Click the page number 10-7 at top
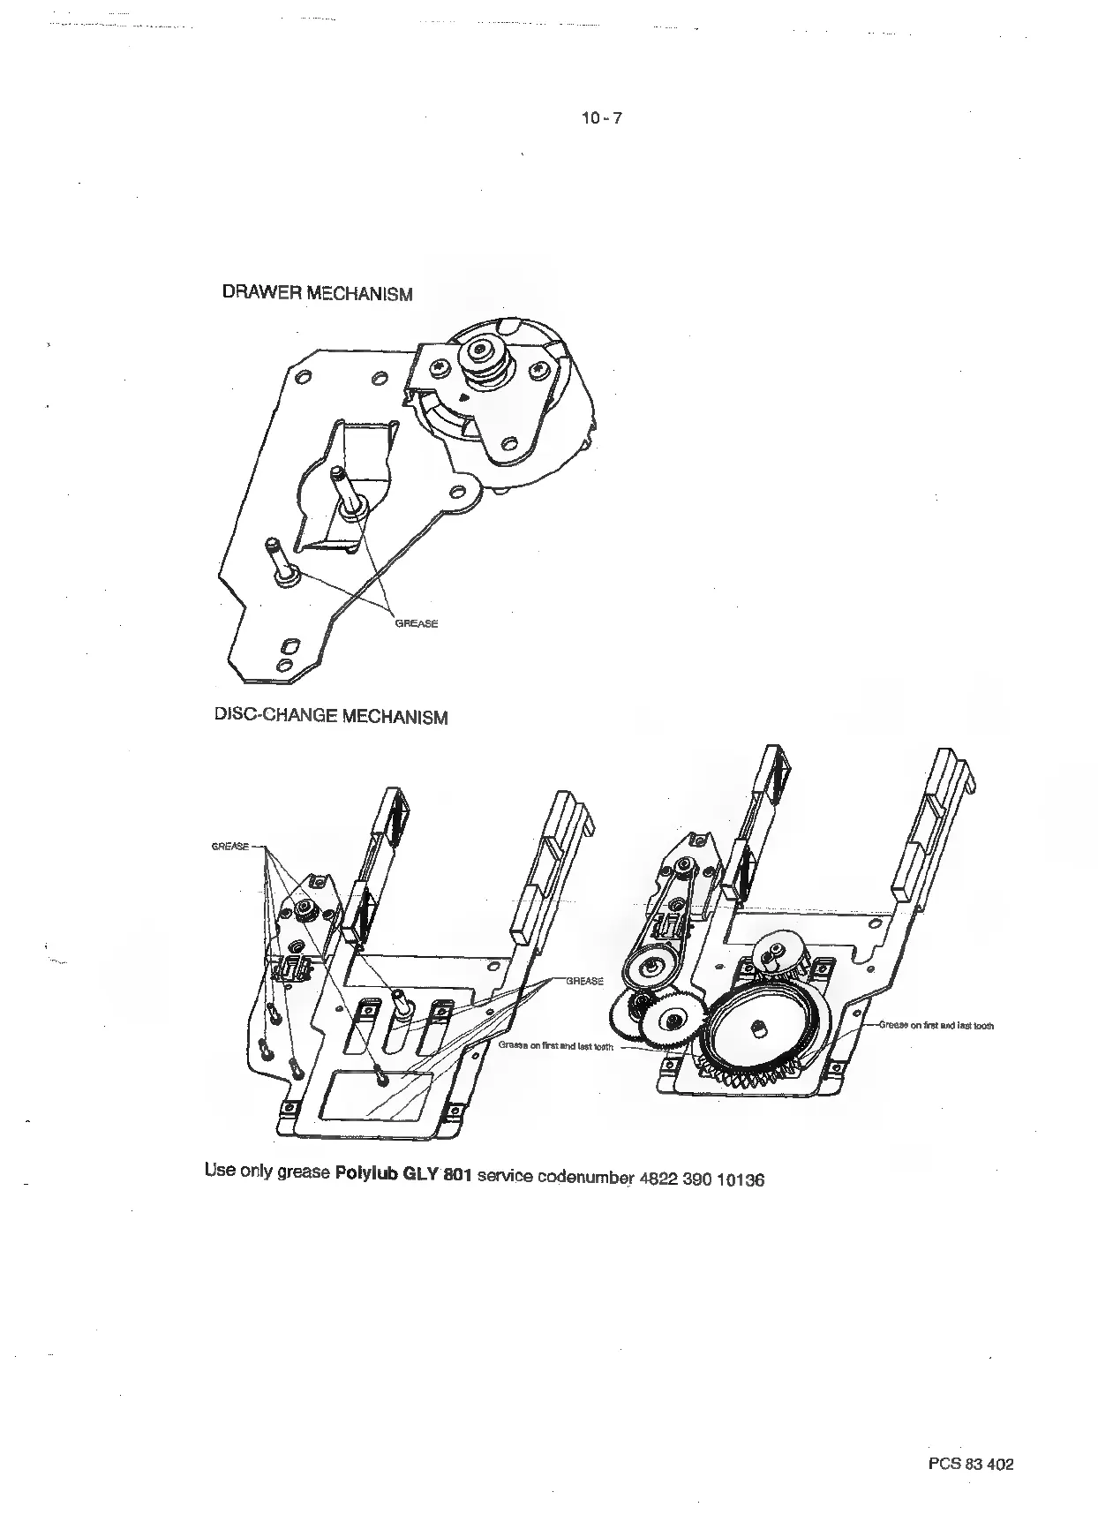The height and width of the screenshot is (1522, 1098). (x=601, y=118)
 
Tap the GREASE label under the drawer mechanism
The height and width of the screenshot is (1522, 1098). (x=416, y=623)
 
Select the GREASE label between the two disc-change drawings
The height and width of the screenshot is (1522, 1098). (x=583, y=981)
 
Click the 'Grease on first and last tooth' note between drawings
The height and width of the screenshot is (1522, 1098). (x=555, y=1047)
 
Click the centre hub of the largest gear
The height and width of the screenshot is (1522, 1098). (x=758, y=1030)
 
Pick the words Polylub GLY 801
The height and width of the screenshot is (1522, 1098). (x=404, y=1175)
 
